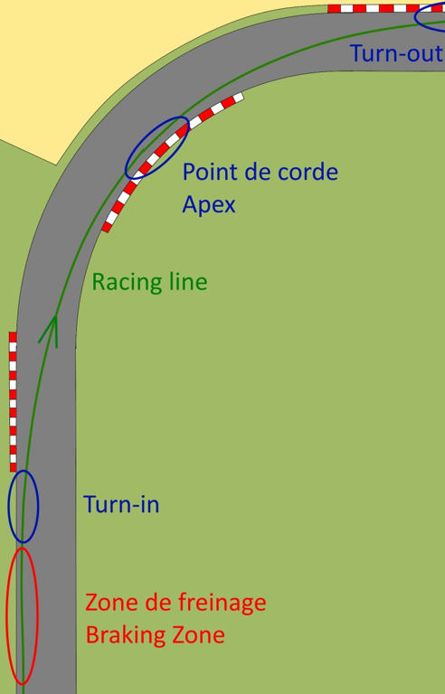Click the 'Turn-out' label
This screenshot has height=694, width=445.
click(x=397, y=53)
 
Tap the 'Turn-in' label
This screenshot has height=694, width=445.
click(x=121, y=504)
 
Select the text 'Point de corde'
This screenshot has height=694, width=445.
click(x=260, y=172)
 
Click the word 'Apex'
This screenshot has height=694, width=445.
click(x=209, y=205)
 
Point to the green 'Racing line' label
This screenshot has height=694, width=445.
click(x=150, y=282)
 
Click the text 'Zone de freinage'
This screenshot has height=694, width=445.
click(x=175, y=603)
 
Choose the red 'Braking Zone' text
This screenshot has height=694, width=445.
click(x=156, y=635)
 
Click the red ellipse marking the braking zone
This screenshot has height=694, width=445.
click(x=7, y=615)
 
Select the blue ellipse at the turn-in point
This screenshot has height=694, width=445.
click(x=9, y=506)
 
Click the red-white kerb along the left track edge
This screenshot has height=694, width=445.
click(x=13, y=401)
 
